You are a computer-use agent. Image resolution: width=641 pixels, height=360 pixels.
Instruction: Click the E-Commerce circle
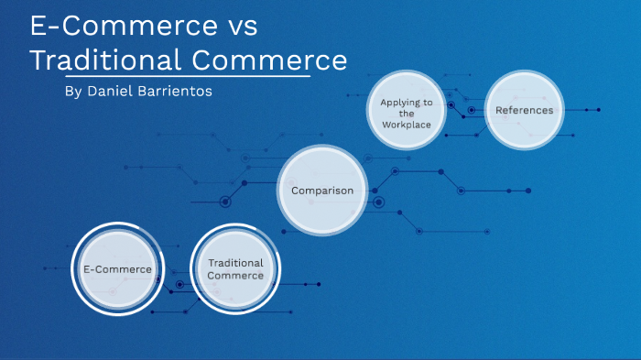coord(117,269)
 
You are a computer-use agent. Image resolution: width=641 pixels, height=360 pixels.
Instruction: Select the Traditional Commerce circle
coord(234,269)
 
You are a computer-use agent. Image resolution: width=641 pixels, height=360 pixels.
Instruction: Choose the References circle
coord(524,110)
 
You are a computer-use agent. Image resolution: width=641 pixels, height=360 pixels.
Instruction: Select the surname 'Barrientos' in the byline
coord(179,93)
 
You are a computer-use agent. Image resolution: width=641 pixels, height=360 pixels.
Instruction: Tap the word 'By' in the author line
coord(74,93)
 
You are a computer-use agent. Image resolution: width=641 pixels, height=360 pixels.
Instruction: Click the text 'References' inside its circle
coord(524,110)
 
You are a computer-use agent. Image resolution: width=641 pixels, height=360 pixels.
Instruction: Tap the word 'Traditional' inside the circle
coord(234,263)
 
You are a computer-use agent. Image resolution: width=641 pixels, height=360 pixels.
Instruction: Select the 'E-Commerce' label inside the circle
coord(117,269)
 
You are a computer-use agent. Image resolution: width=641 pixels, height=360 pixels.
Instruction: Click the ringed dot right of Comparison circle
coord(378,202)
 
